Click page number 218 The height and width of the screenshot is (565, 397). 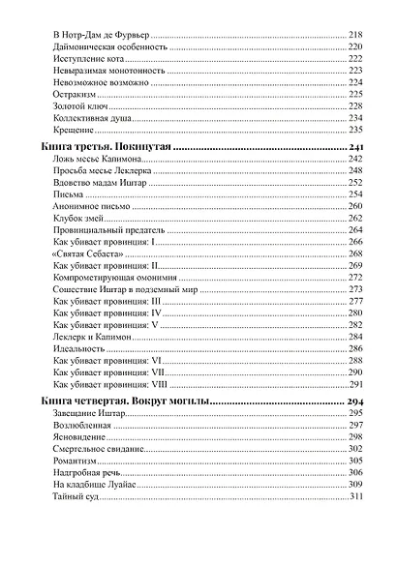(x=354, y=35)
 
